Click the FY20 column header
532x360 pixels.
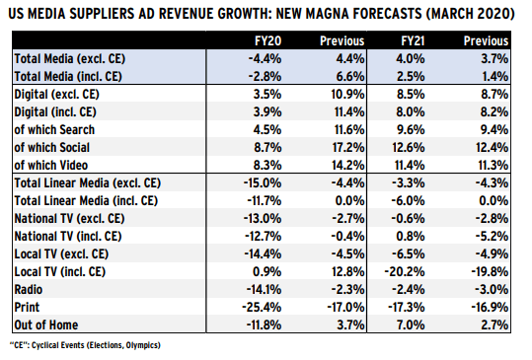(x=268, y=41)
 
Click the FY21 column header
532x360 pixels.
(x=413, y=41)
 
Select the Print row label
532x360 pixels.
(x=27, y=308)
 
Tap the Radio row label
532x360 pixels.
(x=29, y=290)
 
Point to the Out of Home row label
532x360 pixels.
(x=46, y=325)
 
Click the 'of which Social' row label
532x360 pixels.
(x=52, y=148)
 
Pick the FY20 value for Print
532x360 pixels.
(x=262, y=308)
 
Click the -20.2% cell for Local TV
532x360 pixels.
(x=405, y=272)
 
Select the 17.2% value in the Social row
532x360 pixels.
(x=348, y=148)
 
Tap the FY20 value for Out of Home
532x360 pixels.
(x=264, y=325)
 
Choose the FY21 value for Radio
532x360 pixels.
(x=409, y=290)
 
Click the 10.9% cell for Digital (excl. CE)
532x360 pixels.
(x=348, y=95)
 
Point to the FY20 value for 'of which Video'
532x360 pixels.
(x=267, y=166)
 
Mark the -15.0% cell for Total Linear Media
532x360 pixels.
(x=263, y=183)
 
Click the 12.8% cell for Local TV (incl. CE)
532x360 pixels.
(x=348, y=272)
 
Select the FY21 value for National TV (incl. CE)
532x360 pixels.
(x=411, y=237)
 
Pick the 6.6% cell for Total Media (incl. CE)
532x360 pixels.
(x=350, y=77)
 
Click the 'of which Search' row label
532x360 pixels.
(x=54, y=130)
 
